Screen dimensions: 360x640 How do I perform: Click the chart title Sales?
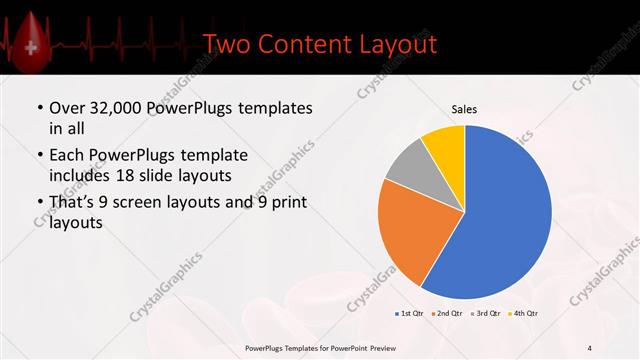[x=464, y=108]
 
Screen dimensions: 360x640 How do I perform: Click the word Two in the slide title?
[x=226, y=44]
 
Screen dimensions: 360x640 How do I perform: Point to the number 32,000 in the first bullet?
[x=116, y=108]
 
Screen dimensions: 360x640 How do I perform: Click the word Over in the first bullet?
[x=67, y=108]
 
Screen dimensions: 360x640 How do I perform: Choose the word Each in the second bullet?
[x=67, y=156]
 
